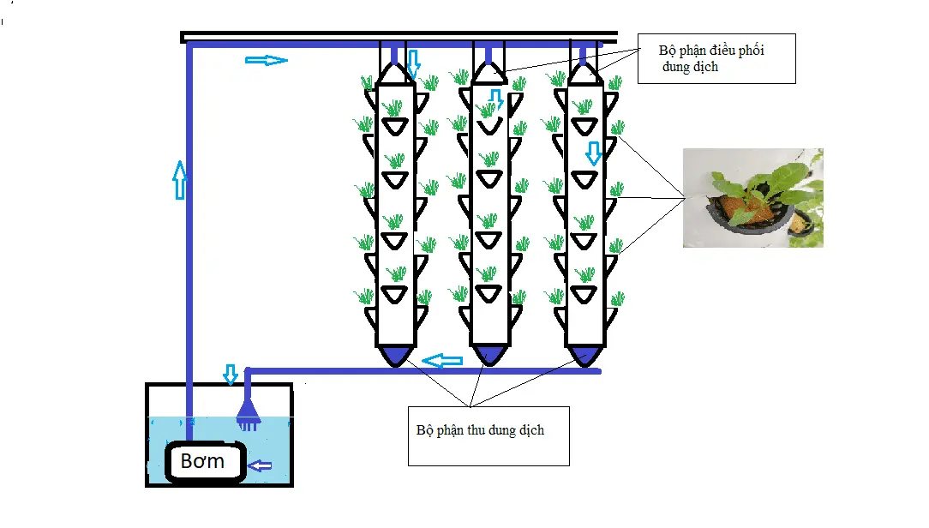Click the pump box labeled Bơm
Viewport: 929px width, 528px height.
click(x=203, y=462)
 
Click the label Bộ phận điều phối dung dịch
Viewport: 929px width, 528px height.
click(x=710, y=59)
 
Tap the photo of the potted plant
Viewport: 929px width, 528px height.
click(x=752, y=198)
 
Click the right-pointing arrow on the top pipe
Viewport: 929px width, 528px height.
click(x=266, y=60)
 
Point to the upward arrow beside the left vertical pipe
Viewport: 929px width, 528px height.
click(x=179, y=180)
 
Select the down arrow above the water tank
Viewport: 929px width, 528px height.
click(x=230, y=374)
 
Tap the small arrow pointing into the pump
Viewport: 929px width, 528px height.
click(x=260, y=465)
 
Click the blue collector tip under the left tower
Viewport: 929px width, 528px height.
click(x=395, y=354)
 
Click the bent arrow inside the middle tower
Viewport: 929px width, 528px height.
click(x=495, y=98)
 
